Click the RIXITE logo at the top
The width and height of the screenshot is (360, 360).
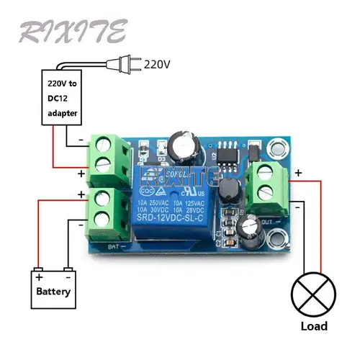tap(72, 31)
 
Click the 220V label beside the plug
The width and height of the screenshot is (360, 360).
tap(157, 63)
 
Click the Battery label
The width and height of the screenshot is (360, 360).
tap(54, 292)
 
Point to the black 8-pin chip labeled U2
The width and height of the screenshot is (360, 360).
tap(228, 153)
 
